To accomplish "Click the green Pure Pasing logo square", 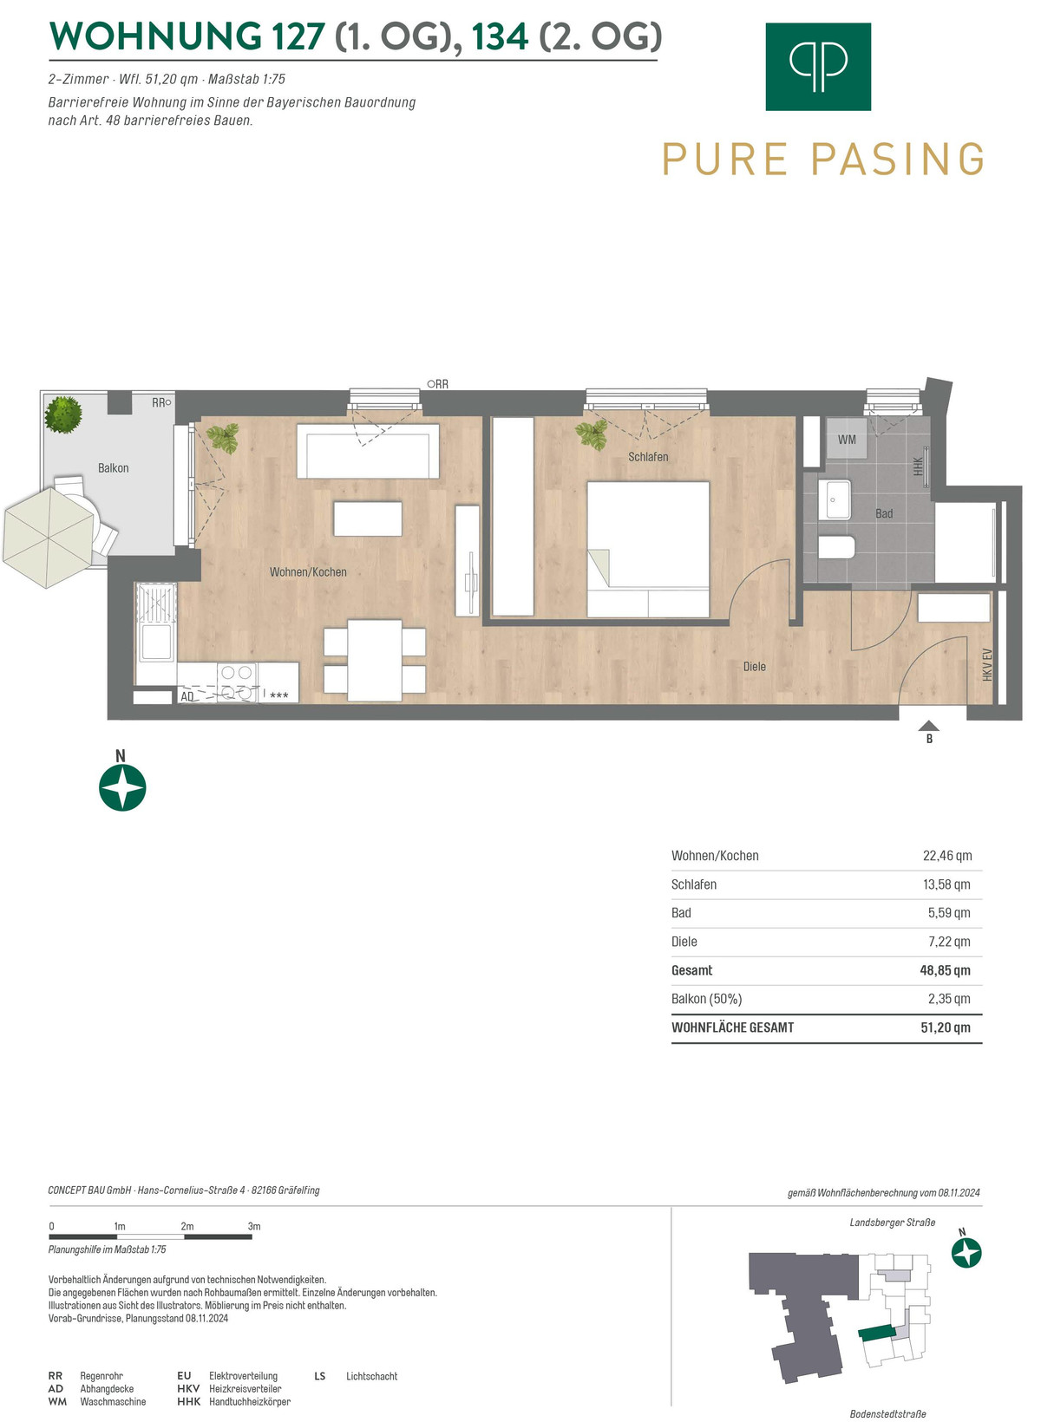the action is pyautogui.click(x=817, y=67).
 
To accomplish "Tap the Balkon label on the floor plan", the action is pyautogui.click(x=113, y=468).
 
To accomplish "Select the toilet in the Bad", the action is pyautogui.click(x=836, y=546).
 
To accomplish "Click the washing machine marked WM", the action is pyautogui.click(x=846, y=438).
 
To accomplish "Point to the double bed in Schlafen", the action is pyautogui.click(x=648, y=549).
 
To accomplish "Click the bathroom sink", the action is pyautogui.click(x=834, y=499).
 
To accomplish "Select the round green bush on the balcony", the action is pyautogui.click(x=62, y=414).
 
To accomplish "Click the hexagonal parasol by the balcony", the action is pyautogui.click(x=49, y=537).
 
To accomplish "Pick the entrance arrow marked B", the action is pyautogui.click(x=928, y=726).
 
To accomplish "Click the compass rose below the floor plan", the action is pyautogui.click(x=122, y=788).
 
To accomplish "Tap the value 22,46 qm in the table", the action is pyautogui.click(x=947, y=856).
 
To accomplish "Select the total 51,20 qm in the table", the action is pyautogui.click(x=945, y=1027).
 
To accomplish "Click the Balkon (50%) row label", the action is pyautogui.click(x=706, y=999).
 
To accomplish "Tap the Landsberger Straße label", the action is pyautogui.click(x=893, y=1223).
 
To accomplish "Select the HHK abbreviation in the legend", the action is pyautogui.click(x=188, y=1402).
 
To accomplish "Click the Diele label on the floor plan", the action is pyautogui.click(x=755, y=667).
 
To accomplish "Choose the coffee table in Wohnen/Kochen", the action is pyautogui.click(x=368, y=519).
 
